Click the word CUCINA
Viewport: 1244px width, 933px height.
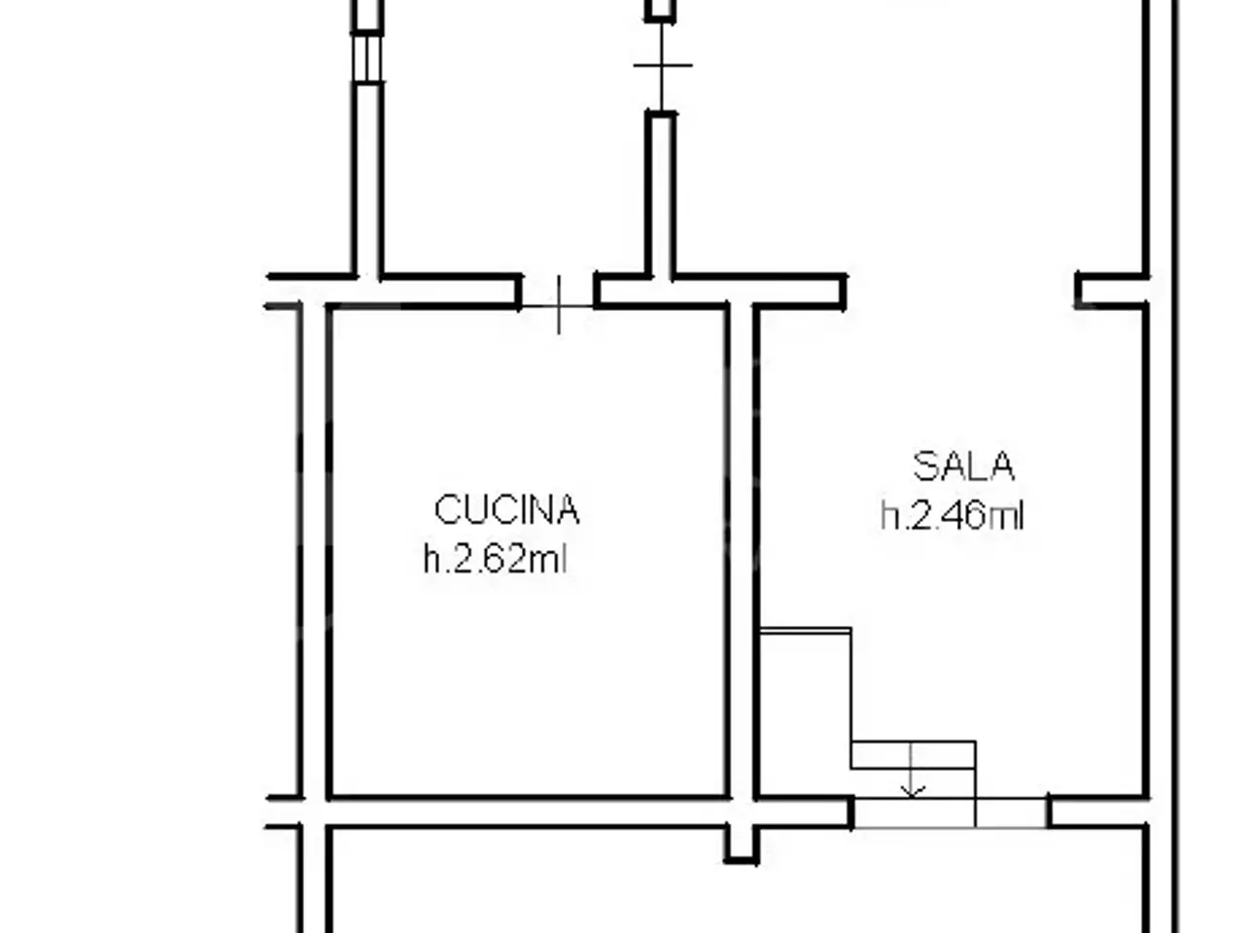[506, 509]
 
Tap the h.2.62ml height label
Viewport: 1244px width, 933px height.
[496, 559]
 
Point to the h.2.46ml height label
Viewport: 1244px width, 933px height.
[952, 515]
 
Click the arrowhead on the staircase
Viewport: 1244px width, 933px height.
[911, 792]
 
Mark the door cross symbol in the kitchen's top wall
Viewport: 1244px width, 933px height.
[559, 306]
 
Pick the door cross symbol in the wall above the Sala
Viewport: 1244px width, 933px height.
[662, 66]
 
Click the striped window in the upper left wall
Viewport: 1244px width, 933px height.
[367, 58]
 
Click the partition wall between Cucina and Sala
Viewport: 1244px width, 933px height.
[742, 552]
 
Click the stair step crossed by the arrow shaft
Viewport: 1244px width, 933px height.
[913, 755]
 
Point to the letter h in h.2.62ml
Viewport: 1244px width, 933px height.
[432, 559]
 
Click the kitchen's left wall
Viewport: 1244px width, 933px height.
[314, 552]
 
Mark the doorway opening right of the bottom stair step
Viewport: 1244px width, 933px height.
[1012, 812]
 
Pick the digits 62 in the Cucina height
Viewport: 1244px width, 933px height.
[510, 559]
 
